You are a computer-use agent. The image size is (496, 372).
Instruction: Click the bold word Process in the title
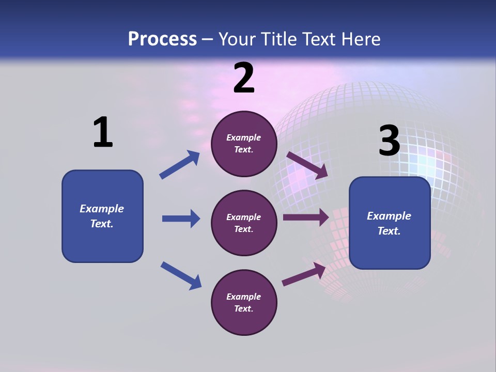[x=162, y=39]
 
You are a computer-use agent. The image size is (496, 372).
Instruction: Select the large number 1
[x=103, y=132]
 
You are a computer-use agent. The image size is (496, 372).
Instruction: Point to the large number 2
[x=244, y=78]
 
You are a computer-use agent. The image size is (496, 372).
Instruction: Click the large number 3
[x=389, y=141]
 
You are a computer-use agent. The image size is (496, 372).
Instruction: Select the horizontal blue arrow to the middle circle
[x=181, y=219]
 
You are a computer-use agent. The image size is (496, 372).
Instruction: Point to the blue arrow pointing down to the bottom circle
[x=181, y=275]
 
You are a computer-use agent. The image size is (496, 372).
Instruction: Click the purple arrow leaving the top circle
[x=307, y=165]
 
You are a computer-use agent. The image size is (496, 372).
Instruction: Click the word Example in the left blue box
[x=102, y=209]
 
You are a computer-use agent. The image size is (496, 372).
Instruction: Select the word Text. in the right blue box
[x=389, y=231]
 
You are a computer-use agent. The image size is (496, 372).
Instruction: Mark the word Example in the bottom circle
[x=244, y=297]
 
